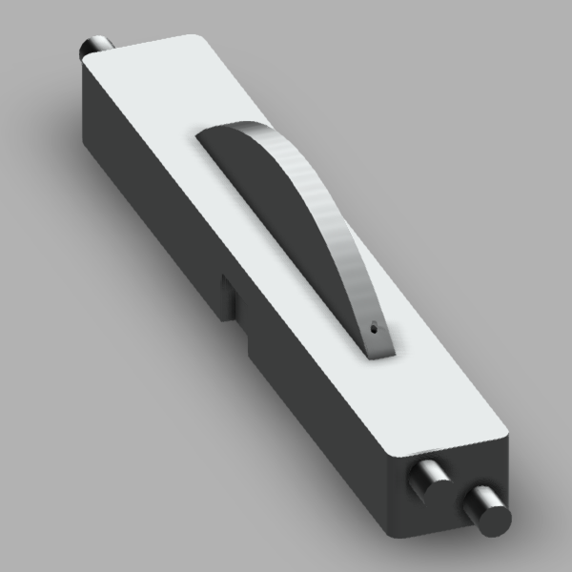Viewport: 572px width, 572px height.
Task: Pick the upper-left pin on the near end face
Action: tap(430, 476)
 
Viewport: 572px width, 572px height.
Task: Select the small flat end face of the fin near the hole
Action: tap(380, 343)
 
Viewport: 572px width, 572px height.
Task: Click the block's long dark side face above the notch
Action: tap(153, 191)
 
